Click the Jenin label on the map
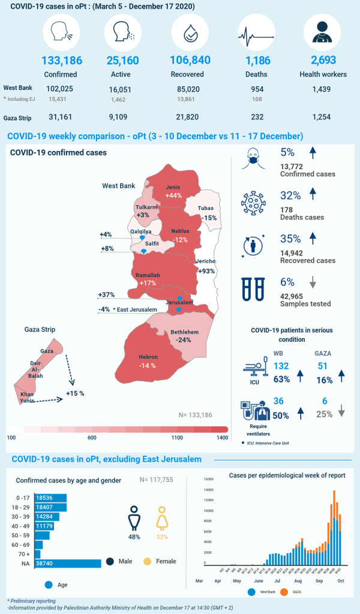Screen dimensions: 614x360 [174, 188]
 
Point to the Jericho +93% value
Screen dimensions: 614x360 [206, 271]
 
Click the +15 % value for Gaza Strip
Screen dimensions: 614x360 [75, 393]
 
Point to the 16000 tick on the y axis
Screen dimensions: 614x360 [209, 480]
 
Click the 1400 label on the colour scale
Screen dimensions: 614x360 [222, 438]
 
